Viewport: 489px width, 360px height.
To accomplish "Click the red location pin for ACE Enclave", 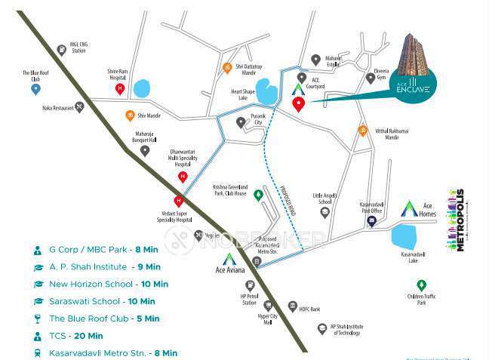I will [x=299, y=104].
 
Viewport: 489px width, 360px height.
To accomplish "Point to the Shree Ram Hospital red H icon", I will [x=119, y=88].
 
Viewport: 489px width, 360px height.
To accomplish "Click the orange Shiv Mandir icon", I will [x=130, y=115].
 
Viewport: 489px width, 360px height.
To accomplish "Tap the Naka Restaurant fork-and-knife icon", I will [x=80, y=108].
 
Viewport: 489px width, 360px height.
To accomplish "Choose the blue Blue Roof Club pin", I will [x=35, y=89].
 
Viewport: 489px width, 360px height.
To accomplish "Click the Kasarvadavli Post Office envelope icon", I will [x=371, y=221].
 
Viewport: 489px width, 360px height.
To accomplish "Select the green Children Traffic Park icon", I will [x=421, y=285].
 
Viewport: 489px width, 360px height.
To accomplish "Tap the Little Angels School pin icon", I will [x=324, y=212].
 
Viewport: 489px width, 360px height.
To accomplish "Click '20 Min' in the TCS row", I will [x=90, y=336].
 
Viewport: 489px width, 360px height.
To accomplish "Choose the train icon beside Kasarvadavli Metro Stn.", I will [x=37, y=352].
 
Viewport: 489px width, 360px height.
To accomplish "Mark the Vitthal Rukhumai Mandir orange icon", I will [x=362, y=129].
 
